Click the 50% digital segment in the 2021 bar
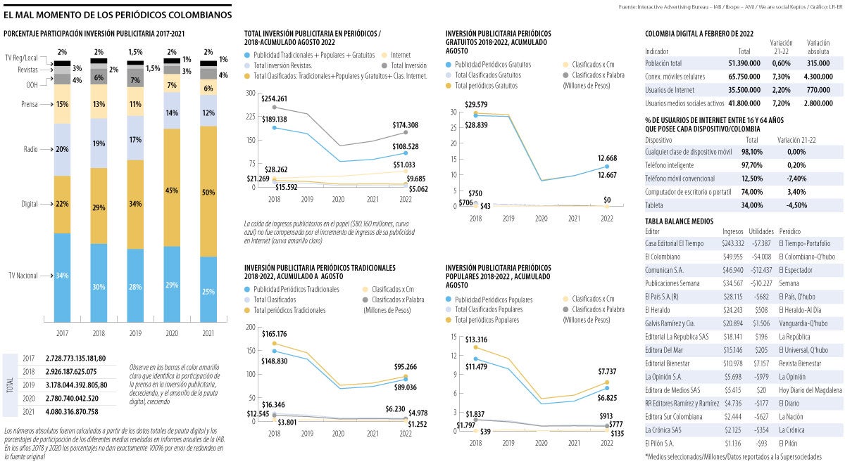pos(209,192)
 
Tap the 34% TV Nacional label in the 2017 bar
pos(62,276)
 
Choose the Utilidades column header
pos(761,231)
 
